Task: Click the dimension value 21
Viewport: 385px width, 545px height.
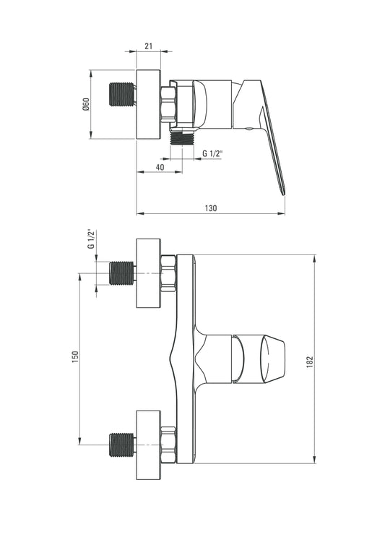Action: [x=149, y=46]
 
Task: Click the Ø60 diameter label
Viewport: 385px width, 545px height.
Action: [x=86, y=104]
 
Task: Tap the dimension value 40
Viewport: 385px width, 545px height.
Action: [x=160, y=167]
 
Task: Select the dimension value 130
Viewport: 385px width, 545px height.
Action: [x=211, y=208]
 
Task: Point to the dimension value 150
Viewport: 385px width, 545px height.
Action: [x=75, y=358]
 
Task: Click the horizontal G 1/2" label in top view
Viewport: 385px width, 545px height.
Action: [x=212, y=153]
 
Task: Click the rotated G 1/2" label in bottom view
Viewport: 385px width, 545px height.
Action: [x=91, y=239]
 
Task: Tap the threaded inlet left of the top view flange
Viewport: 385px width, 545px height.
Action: [x=122, y=94]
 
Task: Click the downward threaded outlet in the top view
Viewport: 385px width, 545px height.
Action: [x=183, y=138]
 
